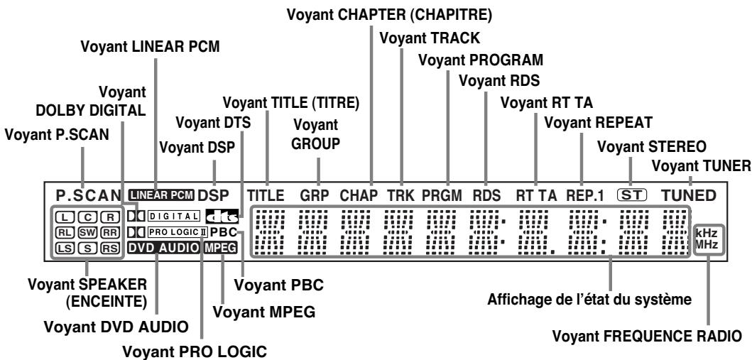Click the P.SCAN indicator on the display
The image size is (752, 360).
tap(89, 195)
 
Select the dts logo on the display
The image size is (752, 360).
tap(222, 216)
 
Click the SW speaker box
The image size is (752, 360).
tap(88, 233)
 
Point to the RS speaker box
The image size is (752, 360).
tap(110, 249)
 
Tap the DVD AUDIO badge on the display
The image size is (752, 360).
tap(164, 248)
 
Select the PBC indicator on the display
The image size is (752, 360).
tap(224, 232)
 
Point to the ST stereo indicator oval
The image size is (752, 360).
tap(632, 195)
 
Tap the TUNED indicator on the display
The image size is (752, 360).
tap(689, 195)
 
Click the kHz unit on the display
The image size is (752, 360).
tap(707, 234)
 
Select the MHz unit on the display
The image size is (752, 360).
tap(707, 245)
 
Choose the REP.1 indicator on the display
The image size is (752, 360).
tap(584, 195)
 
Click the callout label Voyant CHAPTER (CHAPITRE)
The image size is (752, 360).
tap(389, 14)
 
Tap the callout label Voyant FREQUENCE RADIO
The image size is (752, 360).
tap(647, 336)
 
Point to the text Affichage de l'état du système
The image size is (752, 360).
tap(589, 300)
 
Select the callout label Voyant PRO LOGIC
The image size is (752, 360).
tap(195, 351)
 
